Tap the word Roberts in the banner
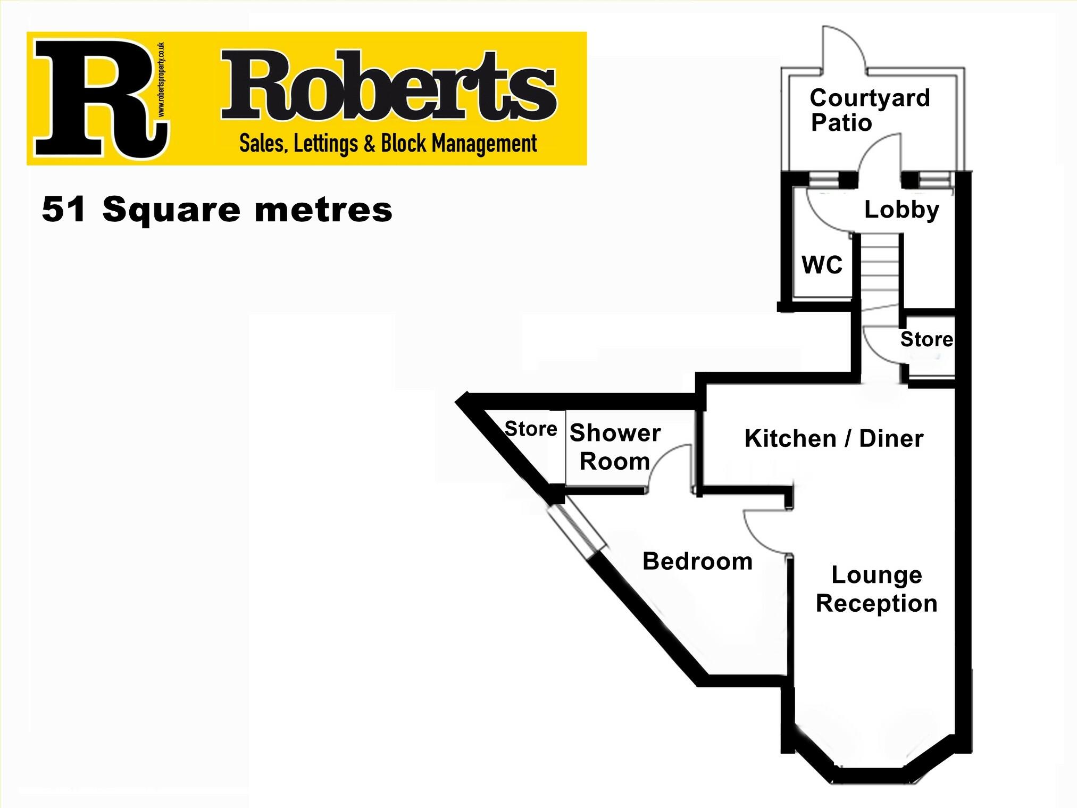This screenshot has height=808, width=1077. tap(388, 88)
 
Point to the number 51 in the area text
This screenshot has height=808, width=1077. tap(64, 210)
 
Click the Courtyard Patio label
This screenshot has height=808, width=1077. tap(869, 110)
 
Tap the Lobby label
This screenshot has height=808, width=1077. tap(901, 210)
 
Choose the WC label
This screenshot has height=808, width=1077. tap(822, 265)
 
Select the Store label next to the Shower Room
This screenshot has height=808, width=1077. tap(530, 429)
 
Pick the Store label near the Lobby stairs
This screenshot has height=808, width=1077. tap(926, 339)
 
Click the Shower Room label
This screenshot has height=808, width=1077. tap(615, 447)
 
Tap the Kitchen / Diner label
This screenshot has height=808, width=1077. tap(833, 439)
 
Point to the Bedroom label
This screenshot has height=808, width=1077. tap(697, 562)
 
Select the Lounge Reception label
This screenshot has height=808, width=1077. tap(876, 589)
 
